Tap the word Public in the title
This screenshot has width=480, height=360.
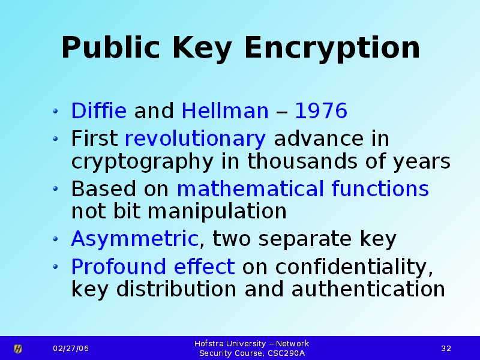click(110, 47)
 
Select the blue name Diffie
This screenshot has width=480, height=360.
click(98, 110)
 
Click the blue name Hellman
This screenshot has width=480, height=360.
click(225, 110)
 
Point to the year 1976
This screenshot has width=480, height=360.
click(321, 110)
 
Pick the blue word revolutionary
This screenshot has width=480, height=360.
click(196, 139)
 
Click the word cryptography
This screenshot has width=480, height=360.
click(142, 162)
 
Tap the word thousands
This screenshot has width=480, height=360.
click(302, 161)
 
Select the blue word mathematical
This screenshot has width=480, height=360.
click(250, 188)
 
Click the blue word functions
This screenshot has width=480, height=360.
click(380, 188)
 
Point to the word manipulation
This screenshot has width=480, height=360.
click(217, 212)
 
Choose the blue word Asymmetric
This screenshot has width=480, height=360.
click(134, 239)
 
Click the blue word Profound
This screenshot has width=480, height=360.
click(119, 266)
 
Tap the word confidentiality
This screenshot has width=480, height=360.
click(354, 268)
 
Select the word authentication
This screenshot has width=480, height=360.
click(368, 289)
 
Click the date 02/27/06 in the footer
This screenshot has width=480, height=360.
click(71, 349)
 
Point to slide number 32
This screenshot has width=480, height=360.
click(446, 349)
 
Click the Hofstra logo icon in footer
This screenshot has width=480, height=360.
click(18, 349)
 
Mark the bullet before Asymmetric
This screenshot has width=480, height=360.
click(55, 239)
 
